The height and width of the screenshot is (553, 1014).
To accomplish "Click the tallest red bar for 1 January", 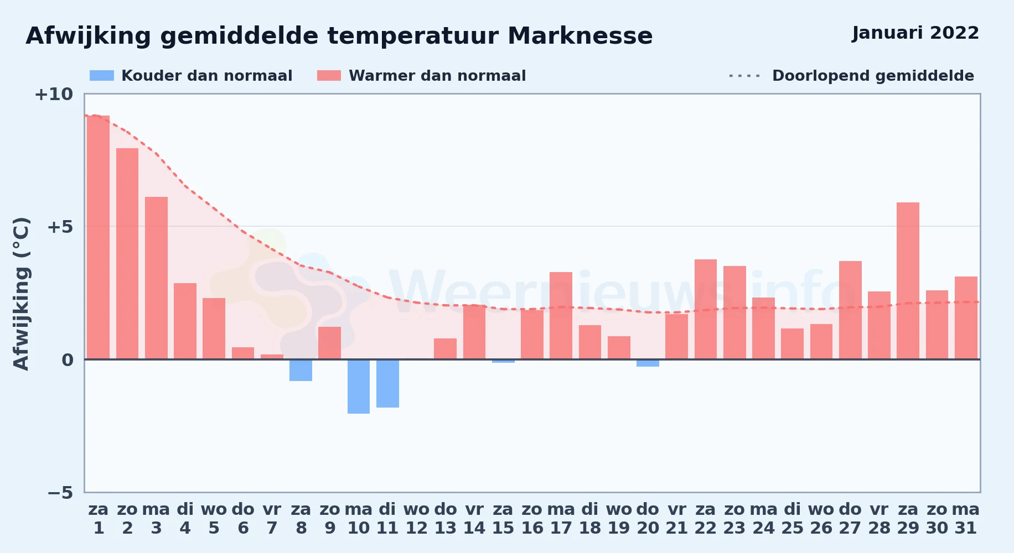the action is pos(99,237).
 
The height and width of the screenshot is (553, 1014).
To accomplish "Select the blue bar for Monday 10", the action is pos(359,387).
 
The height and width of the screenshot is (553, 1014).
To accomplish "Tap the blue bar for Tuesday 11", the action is pos(387,383).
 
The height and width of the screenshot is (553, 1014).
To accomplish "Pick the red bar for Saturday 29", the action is pos(908,281).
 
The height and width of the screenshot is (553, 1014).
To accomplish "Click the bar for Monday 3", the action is pos(156,278).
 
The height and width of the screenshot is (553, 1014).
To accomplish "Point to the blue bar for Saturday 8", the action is pos(301,370).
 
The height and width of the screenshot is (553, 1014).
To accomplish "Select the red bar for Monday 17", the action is pos(561,316).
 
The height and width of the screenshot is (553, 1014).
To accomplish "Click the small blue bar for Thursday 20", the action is pos(648,363).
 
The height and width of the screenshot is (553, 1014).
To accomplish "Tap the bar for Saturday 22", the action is pos(706,309).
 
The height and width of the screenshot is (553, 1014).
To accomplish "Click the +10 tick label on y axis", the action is pos(54,94).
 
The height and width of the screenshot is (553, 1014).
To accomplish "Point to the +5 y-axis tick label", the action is pos(60,227).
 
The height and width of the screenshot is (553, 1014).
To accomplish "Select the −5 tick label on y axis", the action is pos(60,492).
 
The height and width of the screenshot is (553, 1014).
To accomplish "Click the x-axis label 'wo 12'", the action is pos(416,518).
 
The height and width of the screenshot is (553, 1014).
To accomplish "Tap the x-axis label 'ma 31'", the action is pos(966,518).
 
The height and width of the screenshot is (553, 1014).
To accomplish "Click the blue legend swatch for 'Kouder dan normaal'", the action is pos(102,76).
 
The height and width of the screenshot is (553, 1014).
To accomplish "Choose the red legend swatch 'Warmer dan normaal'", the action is pos(329,76).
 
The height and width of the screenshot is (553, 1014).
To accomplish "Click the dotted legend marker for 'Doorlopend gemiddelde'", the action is pos(745,76).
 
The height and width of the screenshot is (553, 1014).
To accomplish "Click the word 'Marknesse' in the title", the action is pos(580,36).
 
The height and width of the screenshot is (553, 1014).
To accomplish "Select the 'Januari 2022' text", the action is pos(915,33).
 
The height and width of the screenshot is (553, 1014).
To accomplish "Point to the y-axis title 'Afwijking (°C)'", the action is pos(21,294).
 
